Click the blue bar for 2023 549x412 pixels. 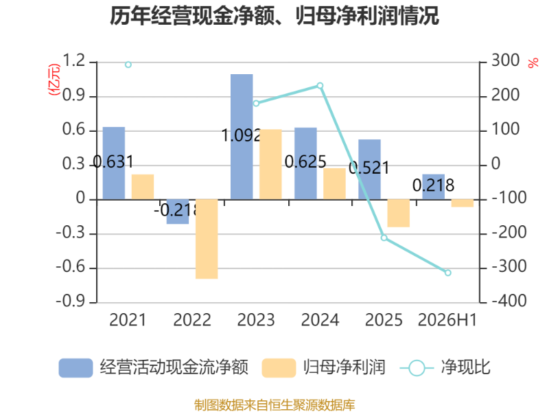242,137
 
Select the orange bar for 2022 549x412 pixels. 207,239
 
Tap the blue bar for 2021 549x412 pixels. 114,163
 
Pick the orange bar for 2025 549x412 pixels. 399,214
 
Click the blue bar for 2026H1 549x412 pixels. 434,187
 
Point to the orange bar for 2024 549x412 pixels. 334,184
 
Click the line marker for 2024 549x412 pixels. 320,86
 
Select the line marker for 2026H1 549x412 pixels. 448,273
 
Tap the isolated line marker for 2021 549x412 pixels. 128,65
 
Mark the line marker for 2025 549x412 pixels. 384,238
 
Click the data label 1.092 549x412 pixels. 242,135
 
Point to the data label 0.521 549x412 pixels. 369,168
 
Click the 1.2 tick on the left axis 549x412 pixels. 73,60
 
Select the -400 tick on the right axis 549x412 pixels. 509,301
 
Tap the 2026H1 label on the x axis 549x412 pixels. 447,320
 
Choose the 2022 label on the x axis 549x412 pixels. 192,320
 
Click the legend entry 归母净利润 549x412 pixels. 323,367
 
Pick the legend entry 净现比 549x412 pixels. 445,367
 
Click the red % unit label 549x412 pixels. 533,63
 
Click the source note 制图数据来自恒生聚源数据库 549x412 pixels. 274,405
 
